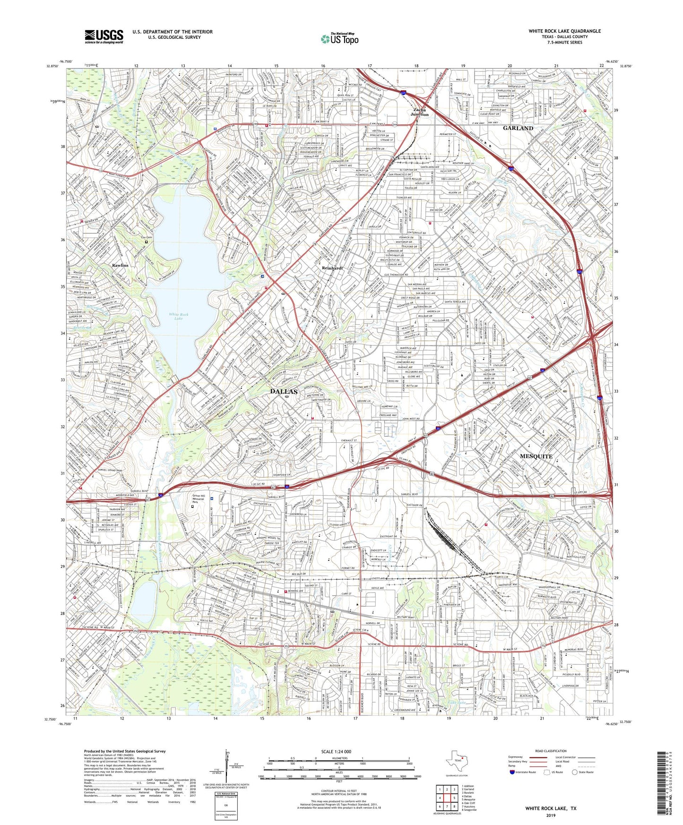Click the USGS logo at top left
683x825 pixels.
pyautogui.click(x=104, y=36)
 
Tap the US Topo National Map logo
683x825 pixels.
pyautogui.click(x=339, y=39)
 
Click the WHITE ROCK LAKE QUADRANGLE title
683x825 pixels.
pyautogui.click(x=564, y=31)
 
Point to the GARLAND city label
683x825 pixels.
pyautogui.click(x=518, y=128)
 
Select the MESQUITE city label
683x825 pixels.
pyautogui.click(x=536, y=456)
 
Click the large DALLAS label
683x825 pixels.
pyautogui.click(x=284, y=391)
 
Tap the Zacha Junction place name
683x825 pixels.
pyautogui.click(x=419, y=112)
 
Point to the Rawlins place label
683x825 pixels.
pyautogui.click(x=120, y=266)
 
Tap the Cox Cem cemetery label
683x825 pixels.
pyautogui.click(x=147, y=237)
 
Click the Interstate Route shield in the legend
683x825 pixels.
pyautogui.click(x=513, y=772)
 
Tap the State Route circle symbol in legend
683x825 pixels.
pyautogui.click(x=575, y=772)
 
